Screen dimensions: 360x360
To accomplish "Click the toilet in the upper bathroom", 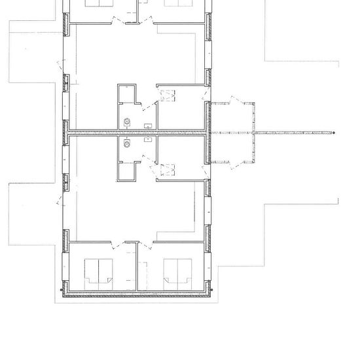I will coord(127,121).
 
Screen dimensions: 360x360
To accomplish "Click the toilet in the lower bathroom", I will coord(127,145).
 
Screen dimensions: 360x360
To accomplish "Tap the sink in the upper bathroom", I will coord(149,124).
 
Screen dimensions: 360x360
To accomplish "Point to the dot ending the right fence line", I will coord(333,133).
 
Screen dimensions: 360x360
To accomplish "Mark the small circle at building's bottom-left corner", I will coord(62,291).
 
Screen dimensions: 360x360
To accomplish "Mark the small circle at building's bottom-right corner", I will coord(213,291).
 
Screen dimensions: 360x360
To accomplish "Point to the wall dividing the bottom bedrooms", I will coord(137,265).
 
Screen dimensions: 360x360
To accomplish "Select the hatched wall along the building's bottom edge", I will coord(137,296).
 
